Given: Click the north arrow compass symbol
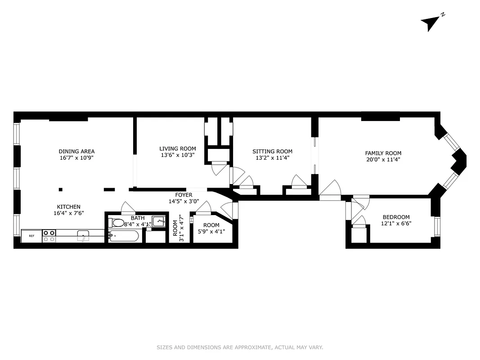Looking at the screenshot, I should click(x=431, y=22).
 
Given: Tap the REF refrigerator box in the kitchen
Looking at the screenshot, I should click(x=31, y=236).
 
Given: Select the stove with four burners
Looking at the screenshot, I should click(x=49, y=236).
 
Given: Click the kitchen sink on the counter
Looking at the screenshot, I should click(x=83, y=235).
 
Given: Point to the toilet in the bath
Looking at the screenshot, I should click(x=117, y=222).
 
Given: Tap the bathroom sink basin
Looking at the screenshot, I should click(x=158, y=221).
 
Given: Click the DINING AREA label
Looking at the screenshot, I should click(x=76, y=151).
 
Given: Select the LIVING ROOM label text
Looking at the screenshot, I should click(x=178, y=148).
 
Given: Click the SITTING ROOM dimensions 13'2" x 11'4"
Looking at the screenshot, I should click(x=272, y=158).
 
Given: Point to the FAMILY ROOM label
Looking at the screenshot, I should click(x=383, y=153).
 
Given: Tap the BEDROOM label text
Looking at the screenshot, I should click(x=396, y=217).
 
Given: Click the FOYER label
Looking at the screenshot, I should click(x=184, y=195).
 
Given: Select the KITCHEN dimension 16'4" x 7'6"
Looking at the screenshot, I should click(x=68, y=213).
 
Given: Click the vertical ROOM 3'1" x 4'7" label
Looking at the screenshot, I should click(x=178, y=228).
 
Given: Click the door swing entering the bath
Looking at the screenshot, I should click(x=128, y=207).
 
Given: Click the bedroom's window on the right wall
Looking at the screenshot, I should click(x=437, y=227).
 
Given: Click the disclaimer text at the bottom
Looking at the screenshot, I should click(x=240, y=347).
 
